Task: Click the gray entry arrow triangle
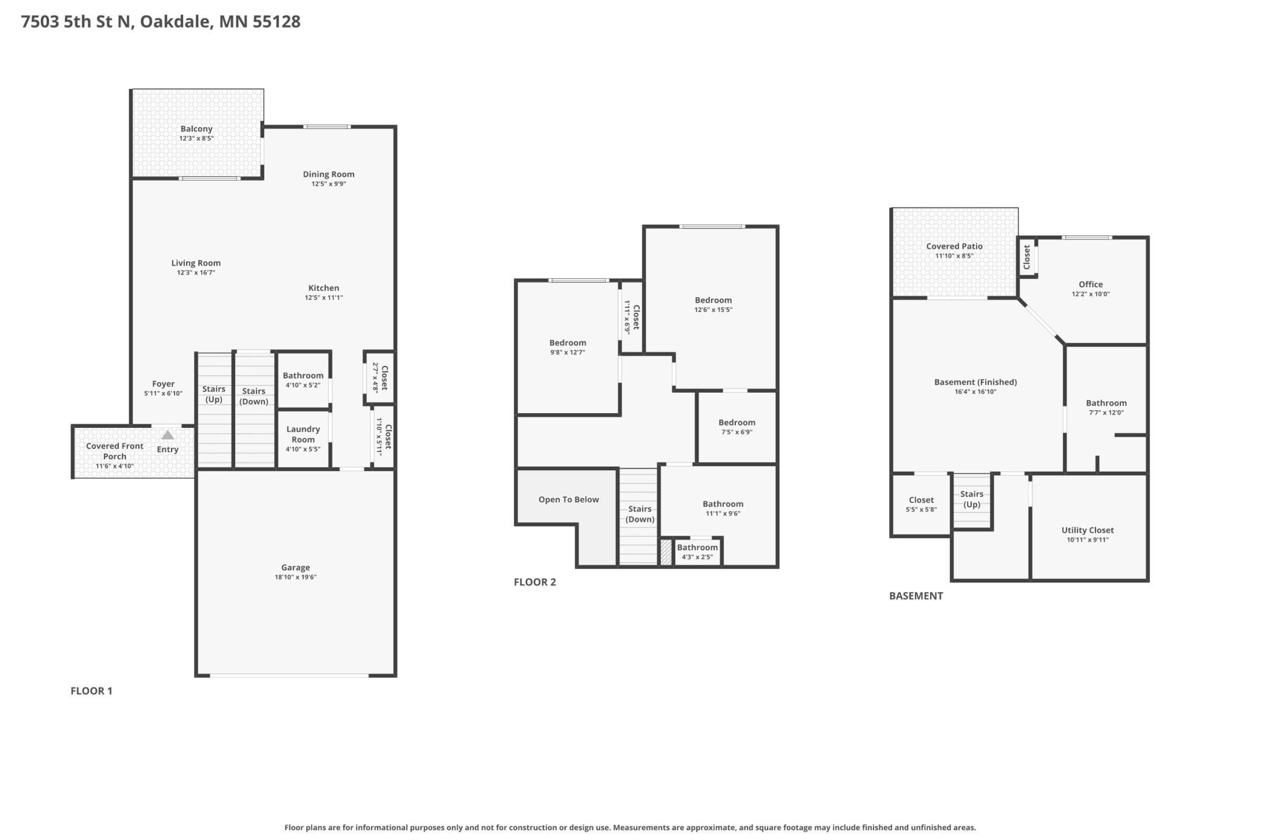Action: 168,435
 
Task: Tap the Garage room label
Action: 296,567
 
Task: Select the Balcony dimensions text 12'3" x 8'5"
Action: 196,139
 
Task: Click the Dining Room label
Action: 329,174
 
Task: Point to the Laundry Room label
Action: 303,434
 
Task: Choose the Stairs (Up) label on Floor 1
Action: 214,394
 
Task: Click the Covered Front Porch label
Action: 115,451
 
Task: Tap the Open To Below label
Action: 569,499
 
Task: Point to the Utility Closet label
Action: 1088,530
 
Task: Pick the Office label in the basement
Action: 1091,284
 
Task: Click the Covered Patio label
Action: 954,246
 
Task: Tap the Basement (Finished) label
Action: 975,382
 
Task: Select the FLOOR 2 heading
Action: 535,582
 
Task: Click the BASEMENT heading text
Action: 916,596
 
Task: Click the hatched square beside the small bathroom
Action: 666,552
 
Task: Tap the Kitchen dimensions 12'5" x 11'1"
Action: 324,298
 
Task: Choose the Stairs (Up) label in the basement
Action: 972,499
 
